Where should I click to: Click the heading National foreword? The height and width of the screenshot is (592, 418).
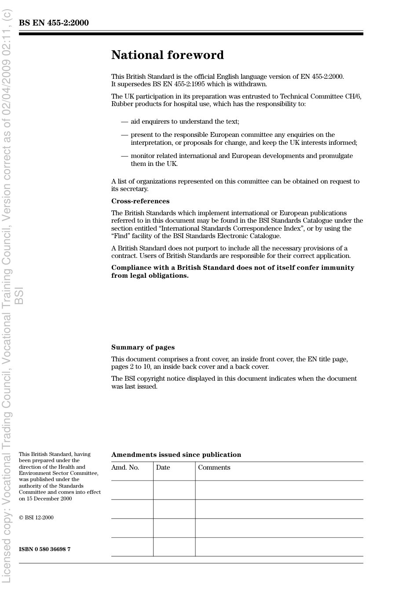coord(167,55)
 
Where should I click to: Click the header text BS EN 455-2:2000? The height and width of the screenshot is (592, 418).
coord(54,23)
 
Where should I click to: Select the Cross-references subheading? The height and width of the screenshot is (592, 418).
coord(140,201)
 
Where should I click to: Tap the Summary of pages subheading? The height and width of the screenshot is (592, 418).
coord(143,347)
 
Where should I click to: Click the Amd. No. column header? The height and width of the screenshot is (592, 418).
coord(125,467)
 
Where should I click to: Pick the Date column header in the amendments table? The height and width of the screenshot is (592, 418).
coord(163,467)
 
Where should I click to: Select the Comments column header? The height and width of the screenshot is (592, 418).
coord(214,467)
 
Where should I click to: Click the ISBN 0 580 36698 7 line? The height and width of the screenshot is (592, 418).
coord(44,549)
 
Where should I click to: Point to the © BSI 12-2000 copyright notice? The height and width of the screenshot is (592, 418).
coord(36,518)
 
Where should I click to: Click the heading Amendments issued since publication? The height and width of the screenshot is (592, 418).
coord(176,455)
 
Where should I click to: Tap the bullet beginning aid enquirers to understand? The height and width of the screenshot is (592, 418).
coord(185,121)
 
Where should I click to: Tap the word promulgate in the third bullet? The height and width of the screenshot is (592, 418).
coord(337,156)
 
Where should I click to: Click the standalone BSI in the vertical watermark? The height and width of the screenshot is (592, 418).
coord(19,295)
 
